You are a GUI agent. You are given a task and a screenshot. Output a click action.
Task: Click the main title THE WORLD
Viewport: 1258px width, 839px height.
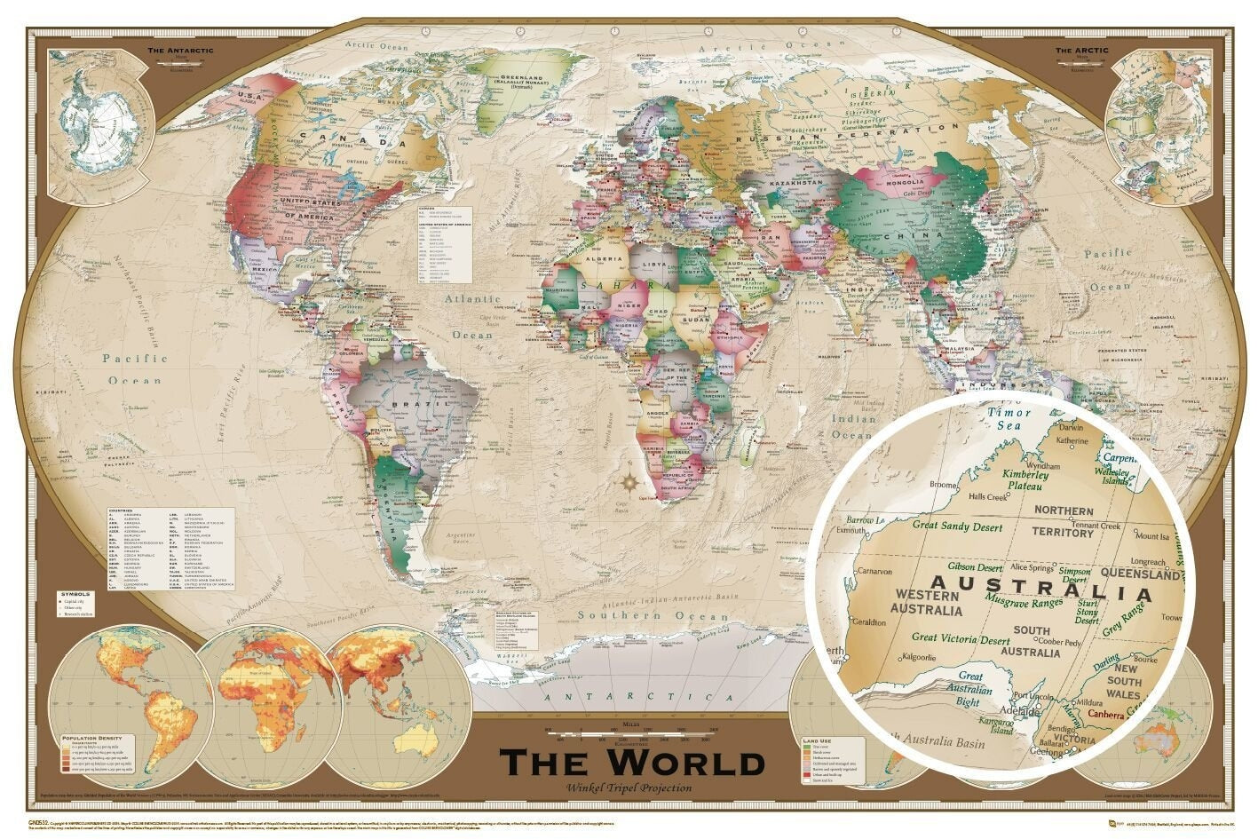point(631,763)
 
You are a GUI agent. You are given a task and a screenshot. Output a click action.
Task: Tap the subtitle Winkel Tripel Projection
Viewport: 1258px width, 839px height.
point(631,788)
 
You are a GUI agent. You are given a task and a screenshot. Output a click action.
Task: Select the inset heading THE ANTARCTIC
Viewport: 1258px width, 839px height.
point(180,51)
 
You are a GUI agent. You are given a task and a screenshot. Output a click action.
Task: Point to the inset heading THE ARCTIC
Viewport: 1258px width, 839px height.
point(1081,51)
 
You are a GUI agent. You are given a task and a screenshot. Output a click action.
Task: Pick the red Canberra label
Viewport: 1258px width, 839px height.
point(1105,715)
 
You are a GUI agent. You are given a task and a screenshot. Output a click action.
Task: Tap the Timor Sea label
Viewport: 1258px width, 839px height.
point(1009,418)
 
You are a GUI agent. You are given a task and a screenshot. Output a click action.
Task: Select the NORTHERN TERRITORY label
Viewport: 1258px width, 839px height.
point(1063,522)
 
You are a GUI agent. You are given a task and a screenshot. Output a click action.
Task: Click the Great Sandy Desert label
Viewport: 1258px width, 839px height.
point(957,526)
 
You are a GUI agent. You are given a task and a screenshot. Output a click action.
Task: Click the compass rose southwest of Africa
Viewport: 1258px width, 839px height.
point(629,483)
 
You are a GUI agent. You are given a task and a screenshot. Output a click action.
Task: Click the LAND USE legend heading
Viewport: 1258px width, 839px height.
point(817,739)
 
